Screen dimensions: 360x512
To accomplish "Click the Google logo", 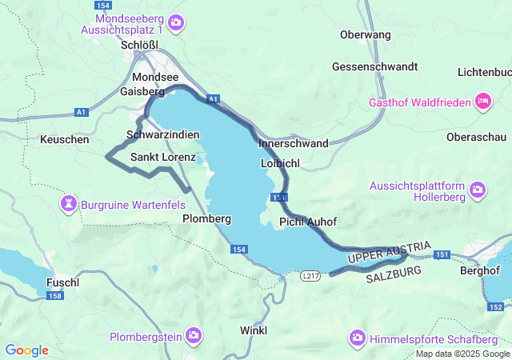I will (x=26, y=350).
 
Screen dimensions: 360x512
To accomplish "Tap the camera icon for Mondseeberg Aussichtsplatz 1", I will (x=177, y=22).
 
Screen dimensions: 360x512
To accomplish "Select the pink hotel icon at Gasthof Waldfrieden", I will (x=482, y=102).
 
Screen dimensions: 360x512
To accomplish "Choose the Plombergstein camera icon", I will (x=193, y=334).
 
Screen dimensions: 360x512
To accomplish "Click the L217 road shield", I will (x=311, y=275).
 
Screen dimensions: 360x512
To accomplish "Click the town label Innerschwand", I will (x=293, y=144).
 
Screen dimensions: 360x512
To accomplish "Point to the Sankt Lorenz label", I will (x=163, y=157).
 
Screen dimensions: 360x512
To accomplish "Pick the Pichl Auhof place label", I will (x=308, y=221).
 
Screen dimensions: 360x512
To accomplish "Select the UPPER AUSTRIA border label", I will (x=390, y=252).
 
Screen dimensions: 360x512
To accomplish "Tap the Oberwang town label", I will (x=365, y=34).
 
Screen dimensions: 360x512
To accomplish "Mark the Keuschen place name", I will (x=64, y=139).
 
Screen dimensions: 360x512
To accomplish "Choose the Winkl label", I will (x=254, y=330).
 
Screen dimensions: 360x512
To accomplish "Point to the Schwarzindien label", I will (x=162, y=134).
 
